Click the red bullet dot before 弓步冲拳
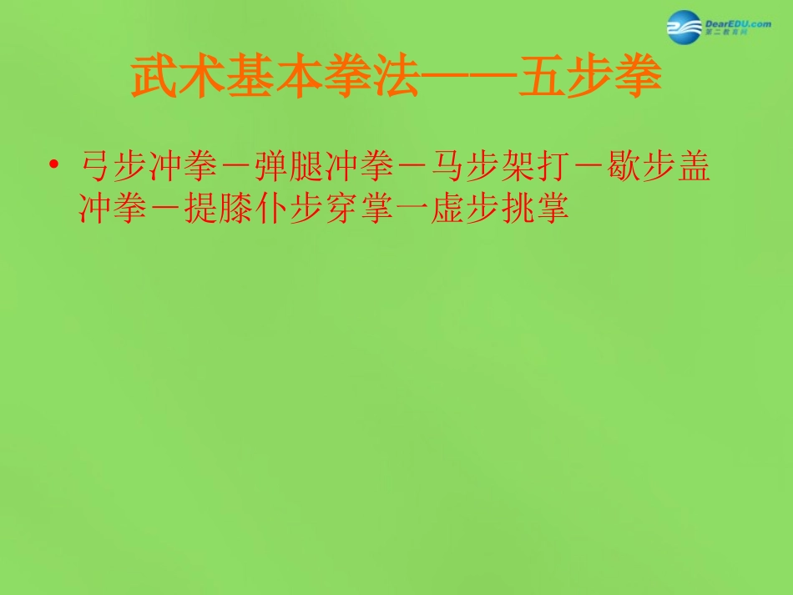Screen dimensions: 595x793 (x=54, y=167)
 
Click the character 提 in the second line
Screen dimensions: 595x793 (x=199, y=209)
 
